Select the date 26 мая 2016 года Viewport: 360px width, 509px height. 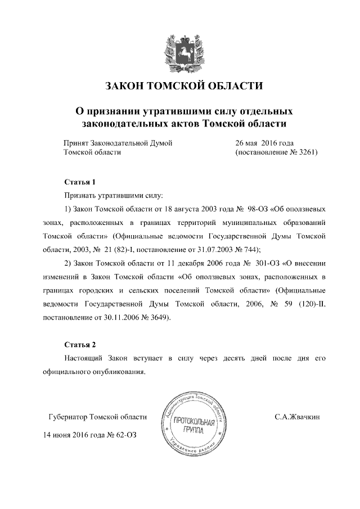(264, 143)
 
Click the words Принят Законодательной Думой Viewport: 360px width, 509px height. (118, 143)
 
